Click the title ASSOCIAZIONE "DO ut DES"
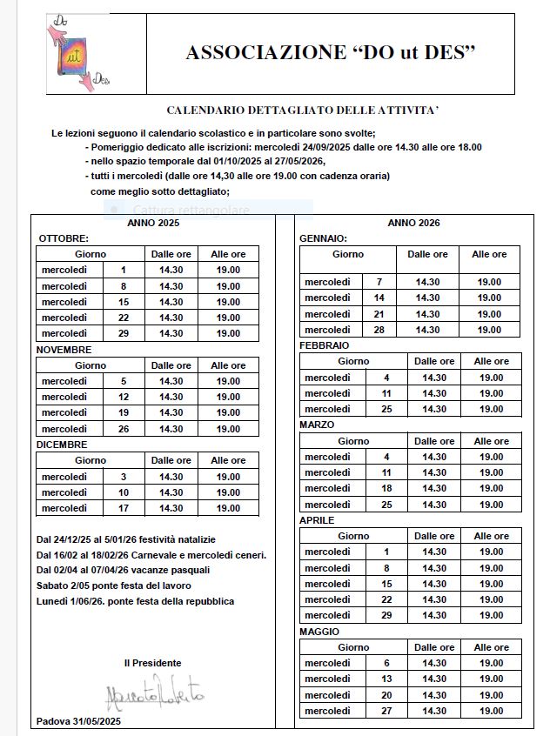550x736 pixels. click(331, 53)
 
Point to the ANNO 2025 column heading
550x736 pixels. click(153, 223)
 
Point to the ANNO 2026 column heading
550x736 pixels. click(413, 223)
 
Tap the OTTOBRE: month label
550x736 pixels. click(64, 238)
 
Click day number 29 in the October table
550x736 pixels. click(124, 333)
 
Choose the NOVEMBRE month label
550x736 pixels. click(64, 350)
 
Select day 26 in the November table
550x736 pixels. click(124, 429)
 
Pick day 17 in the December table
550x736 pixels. click(124, 508)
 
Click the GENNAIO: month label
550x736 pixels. click(324, 238)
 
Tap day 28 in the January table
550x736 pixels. click(379, 330)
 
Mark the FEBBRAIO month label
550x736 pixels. click(325, 345)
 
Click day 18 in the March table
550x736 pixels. click(386, 489)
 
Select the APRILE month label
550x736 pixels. click(318, 519)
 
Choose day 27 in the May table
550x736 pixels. click(386, 710)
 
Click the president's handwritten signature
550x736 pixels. click(153, 694)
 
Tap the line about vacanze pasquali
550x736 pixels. click(123, 570)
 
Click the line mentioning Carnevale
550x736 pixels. click(151, 555)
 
